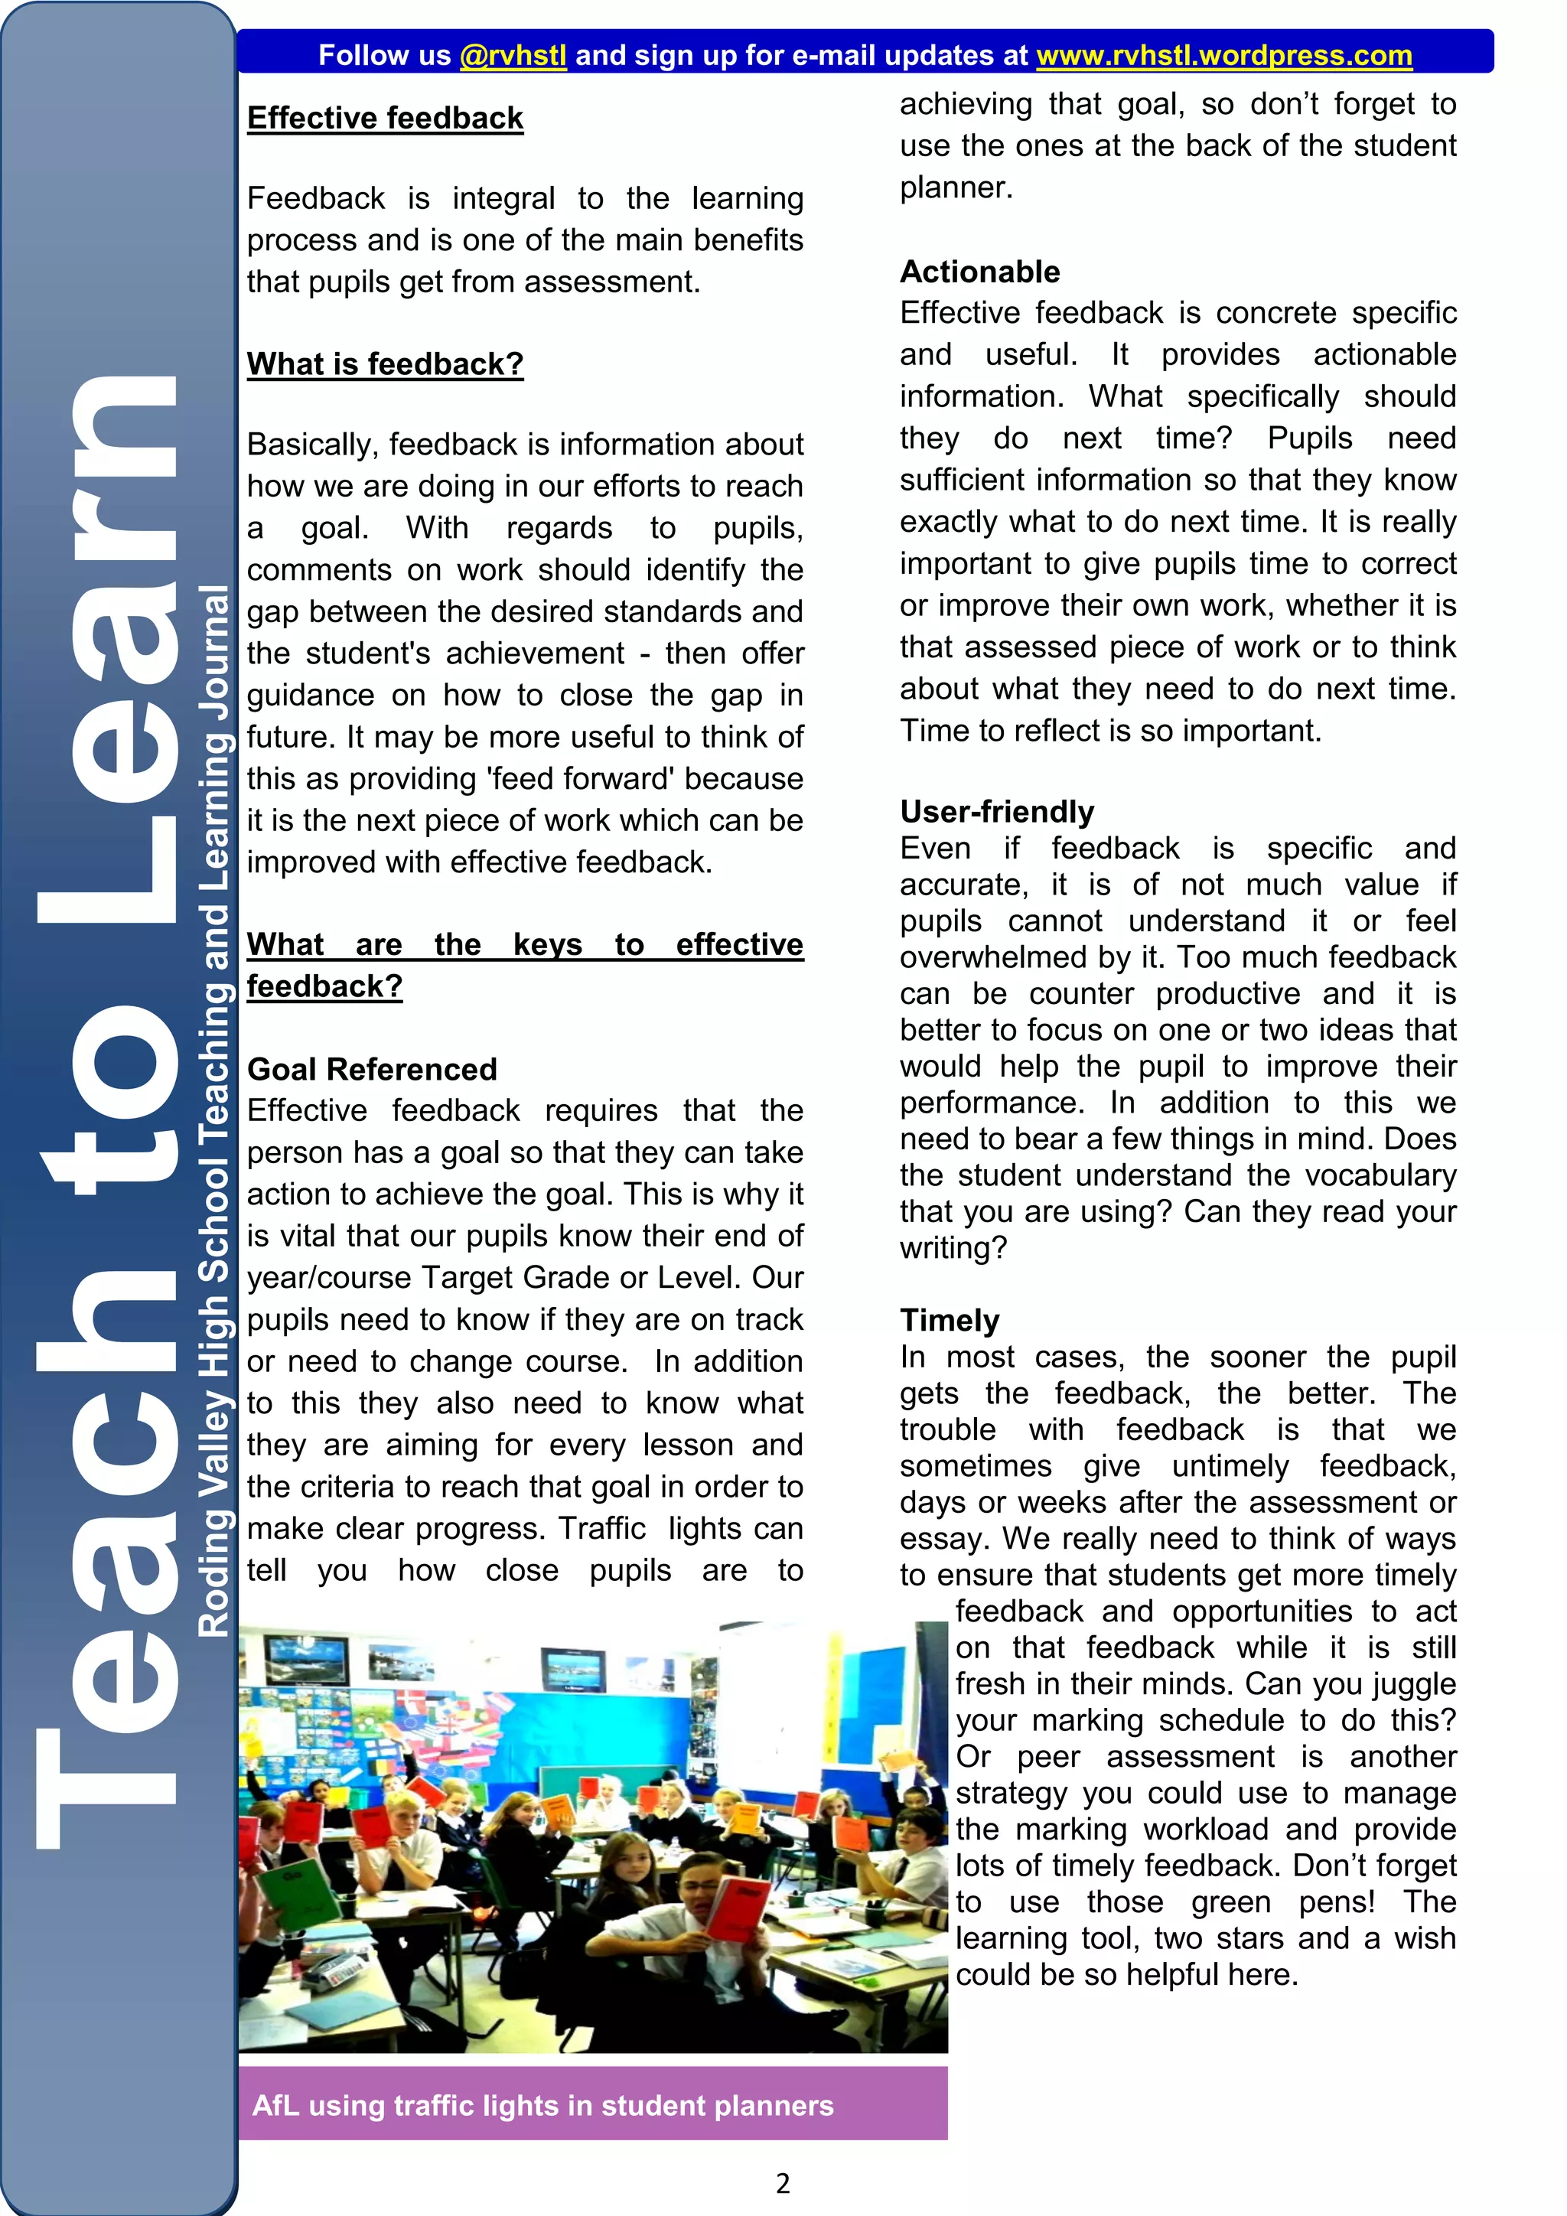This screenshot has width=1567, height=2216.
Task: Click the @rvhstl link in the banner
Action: pos(513,55)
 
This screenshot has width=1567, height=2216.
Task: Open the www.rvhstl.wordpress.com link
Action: pos(1223,55)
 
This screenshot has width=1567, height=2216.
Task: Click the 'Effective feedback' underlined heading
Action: pos(385,118)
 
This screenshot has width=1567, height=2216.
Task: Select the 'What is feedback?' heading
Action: pos(385,364)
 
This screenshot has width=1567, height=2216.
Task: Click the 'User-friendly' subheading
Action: pos(997,811)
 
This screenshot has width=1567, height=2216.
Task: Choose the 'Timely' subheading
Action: pos(950,1319)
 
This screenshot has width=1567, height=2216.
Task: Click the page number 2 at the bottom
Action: pos(783,2182)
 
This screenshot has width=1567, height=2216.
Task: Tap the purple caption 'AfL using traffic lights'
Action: pos(542,2105)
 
